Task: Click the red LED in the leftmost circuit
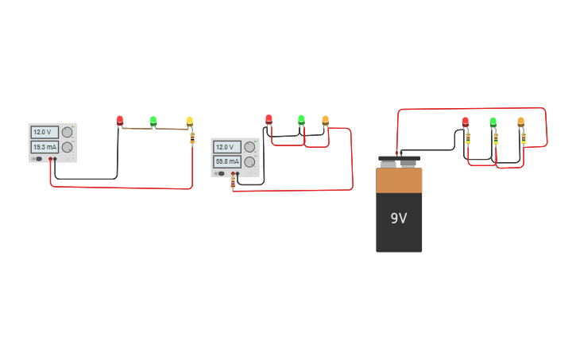point(120,120)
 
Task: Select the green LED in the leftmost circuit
point(153,121)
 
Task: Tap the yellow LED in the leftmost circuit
point(190,121)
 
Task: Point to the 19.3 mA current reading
point(44,147)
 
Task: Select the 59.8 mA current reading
point(226,161)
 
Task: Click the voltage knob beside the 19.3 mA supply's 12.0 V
point(68,132)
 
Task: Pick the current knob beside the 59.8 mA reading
point(249,161)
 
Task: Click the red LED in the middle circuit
point(269,118)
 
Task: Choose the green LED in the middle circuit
point(301,119)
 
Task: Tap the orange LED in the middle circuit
point(325,120)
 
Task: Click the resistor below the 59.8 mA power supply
point(233,183)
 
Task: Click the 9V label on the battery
point(399,218)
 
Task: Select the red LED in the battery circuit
point(466,122)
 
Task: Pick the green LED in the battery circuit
point(493,122)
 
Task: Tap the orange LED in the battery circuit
point(520,121)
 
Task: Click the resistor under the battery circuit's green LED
point(496,137)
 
